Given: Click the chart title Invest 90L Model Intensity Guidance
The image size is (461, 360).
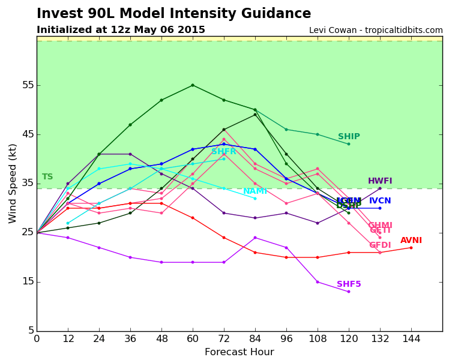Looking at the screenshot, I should coord(173,14).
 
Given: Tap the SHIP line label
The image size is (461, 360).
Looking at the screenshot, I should coord(349,137).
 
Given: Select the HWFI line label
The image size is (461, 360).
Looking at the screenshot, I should coord(380,181).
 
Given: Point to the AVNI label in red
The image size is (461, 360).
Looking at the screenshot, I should coord(411,241).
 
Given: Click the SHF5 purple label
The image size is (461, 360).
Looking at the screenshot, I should coord(349,284).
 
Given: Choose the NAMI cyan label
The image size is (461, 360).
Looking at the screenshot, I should coord(255,191).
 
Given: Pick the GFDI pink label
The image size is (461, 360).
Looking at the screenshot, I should coord(380,245).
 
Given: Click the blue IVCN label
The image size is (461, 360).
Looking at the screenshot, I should coord(380,201).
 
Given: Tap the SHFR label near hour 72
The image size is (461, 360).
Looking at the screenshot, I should coord(223,152).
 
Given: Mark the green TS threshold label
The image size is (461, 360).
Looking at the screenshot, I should coord(47,177).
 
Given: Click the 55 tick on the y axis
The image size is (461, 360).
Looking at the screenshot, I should coord(28,85).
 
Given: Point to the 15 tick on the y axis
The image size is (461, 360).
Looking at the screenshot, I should coord(28,282).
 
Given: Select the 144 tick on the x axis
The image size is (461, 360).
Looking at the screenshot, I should coord(411,339).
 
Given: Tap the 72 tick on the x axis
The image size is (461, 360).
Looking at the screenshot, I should coord(223,339).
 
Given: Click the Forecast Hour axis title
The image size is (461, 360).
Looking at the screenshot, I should coord(239,352).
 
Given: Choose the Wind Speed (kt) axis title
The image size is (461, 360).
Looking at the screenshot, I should coord(13,183).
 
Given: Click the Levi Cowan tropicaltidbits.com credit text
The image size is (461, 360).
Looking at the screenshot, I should coord(376,31).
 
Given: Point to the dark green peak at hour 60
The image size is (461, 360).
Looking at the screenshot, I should coord(193,85).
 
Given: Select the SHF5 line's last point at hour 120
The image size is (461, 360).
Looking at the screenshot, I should coord(349,292).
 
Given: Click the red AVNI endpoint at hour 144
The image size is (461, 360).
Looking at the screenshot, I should coord(411,248).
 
